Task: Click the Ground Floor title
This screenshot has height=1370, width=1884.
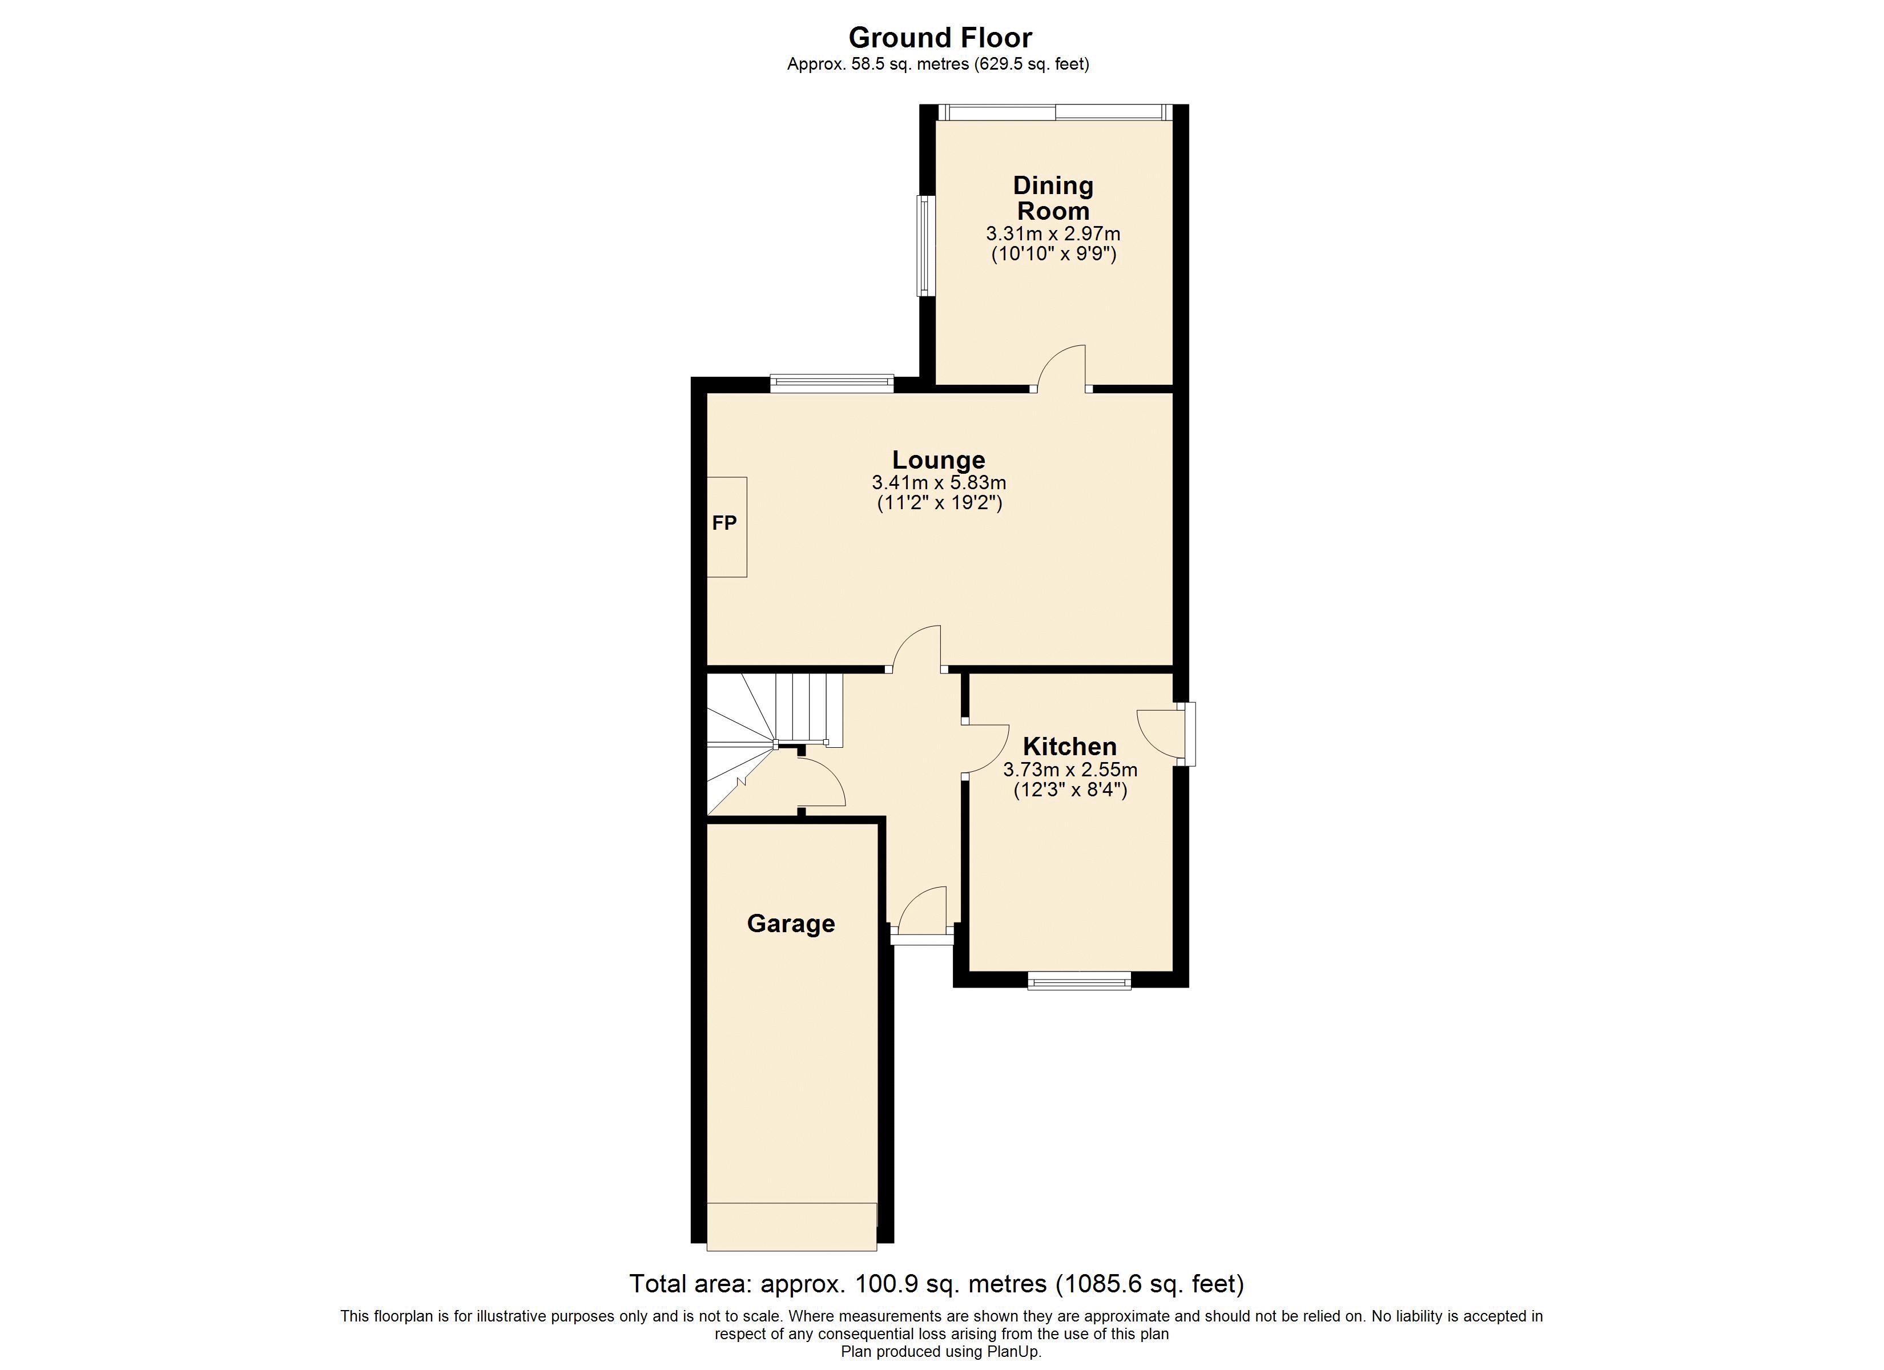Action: click(x=940, y=37)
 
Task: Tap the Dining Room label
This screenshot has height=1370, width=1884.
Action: click(x=1053, y=198)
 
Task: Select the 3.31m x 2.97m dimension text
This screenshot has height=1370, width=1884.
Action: click(x=1053, y=233)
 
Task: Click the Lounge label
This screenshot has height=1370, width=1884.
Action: click(x=939, y=460)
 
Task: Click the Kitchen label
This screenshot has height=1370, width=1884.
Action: click(x=1069, y=746)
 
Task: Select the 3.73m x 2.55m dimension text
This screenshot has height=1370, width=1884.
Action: click(x=1070, y=770)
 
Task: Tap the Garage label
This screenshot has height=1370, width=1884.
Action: click(x=791, y=923)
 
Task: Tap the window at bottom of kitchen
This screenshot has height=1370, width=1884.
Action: click(x=1079, y=982)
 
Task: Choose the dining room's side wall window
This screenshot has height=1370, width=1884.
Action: click(x=925, y=246)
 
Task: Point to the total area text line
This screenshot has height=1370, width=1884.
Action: click(x=937, y=1284)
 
